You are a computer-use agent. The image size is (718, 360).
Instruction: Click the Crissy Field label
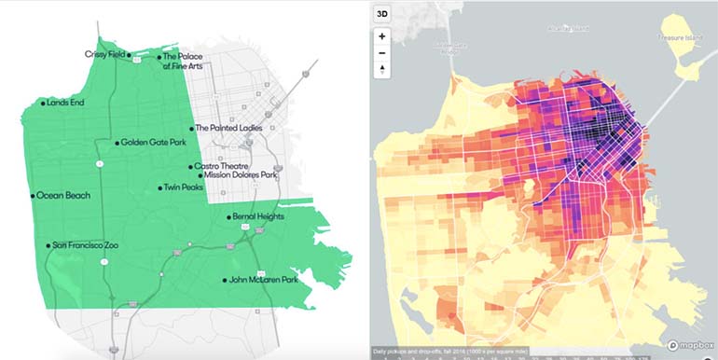tap(104, 54)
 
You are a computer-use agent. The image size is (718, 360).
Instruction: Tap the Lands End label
tap(66, 103)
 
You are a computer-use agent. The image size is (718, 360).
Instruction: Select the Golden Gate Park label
tap(150, 143)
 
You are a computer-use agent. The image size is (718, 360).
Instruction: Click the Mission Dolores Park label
tap(241, 174)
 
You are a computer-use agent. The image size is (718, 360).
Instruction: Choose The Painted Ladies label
tap(228, 129)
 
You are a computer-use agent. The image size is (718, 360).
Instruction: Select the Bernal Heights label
tap(259, 217)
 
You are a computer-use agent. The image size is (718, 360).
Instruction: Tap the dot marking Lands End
tap(42, 103)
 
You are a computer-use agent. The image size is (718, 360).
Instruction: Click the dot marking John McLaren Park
tap(225, 280)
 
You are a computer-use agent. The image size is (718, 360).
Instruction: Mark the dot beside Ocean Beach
tap(33, 196)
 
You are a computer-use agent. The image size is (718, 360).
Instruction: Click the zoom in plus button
tap(382, 36)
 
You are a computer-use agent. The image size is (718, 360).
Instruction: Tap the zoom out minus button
tap(382, 53)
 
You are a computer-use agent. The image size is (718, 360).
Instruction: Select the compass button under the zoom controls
tap(382, 71)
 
